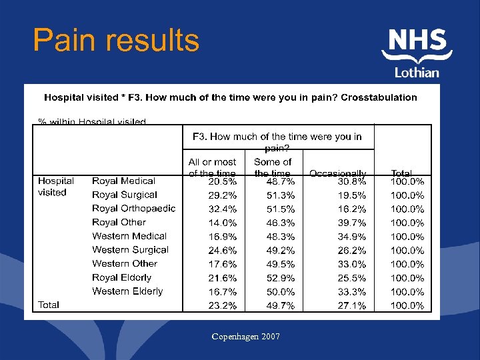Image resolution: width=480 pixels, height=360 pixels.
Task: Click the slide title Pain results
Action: click(116, 41)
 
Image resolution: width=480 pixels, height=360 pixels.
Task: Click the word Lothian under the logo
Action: click(417, 73)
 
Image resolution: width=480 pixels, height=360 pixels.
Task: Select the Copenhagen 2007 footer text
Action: click(245, 337)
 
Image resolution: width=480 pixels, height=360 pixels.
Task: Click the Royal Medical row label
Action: click(123, 181)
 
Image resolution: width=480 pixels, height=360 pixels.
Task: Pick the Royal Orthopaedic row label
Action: click(133, 209)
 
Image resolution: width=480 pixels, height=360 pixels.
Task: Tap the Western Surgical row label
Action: click(130, 250)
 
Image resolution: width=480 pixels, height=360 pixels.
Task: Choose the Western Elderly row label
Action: click(127, 291)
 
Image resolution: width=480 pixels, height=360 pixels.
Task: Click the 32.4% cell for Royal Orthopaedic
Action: click(222, 209)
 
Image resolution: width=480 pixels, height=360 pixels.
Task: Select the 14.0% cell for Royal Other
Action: click(222, 223)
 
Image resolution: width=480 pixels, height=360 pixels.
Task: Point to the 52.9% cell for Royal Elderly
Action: click(281, 278)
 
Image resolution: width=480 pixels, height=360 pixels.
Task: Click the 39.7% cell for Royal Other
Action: click(351, 223)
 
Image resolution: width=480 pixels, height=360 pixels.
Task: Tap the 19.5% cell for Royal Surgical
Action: click(351, 195)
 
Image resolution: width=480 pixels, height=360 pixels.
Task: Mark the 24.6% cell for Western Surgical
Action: click(222, 251)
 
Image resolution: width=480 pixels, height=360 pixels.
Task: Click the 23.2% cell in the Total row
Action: click(222, 306)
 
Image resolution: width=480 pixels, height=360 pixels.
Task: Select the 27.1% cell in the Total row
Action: click(351, 306)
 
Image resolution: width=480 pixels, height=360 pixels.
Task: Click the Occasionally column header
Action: click(337, 173)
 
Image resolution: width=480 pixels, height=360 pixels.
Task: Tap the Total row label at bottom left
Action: click(49, 305)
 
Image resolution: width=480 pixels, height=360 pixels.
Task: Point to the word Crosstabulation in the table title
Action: click(379, 97)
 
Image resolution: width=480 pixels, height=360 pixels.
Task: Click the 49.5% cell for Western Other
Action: click(281, 264)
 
